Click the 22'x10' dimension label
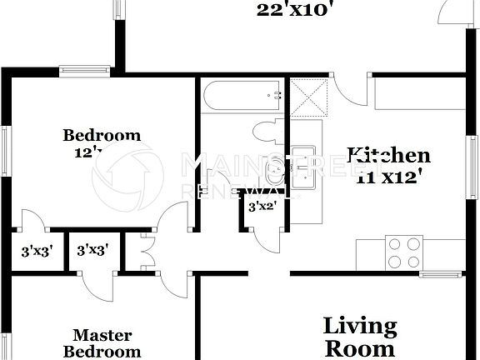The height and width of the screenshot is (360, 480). [x=295, y=10]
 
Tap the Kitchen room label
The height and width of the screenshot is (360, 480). [x=389, y=155]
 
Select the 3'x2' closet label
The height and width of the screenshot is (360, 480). [x=262, y=207]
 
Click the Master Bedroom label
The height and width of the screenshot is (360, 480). [x=102, y=342]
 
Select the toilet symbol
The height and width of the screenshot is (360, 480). [x=269, y=132]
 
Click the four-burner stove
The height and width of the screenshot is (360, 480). [x=403, y=252]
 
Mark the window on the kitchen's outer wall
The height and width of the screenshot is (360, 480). [x=472, y=167]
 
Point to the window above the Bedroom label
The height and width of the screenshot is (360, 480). [x=85, y=71]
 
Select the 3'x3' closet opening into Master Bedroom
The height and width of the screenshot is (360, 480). [x=93, y=250]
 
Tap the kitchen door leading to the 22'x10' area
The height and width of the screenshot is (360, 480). [x=349, y=90]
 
